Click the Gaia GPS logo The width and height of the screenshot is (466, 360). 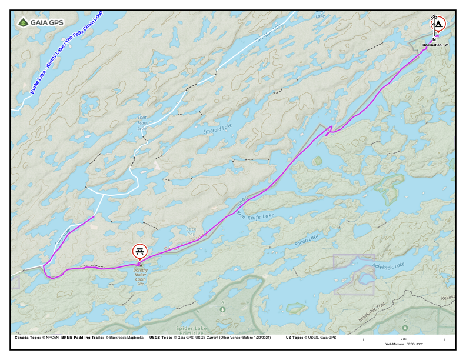click(x=40, y=23)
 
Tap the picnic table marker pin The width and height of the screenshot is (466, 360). click(x=139, y=251)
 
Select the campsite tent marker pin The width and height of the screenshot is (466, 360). click(x=439, y=24)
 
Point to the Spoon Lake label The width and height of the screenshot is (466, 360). click(x=306, y=239)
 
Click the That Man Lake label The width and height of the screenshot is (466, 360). click(x=142, y=122)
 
